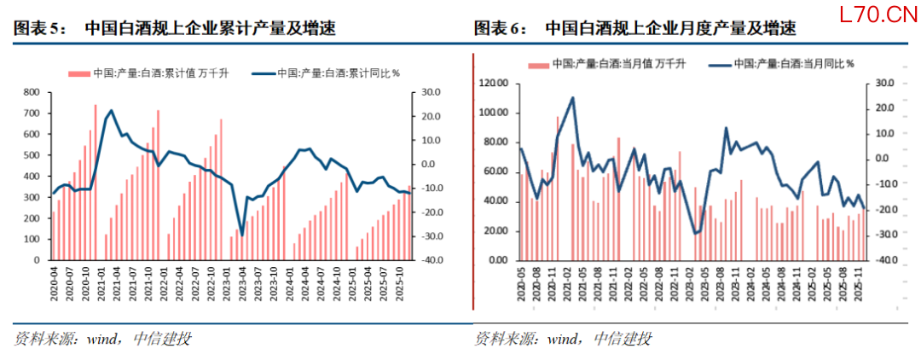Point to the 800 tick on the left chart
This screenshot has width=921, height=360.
click(31, 91)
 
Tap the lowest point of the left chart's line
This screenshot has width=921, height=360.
click(241, 235)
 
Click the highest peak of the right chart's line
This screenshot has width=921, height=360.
click(572, 97)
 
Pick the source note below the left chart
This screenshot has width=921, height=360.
click(102, 339)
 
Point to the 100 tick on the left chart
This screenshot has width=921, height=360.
click(31, 240)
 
